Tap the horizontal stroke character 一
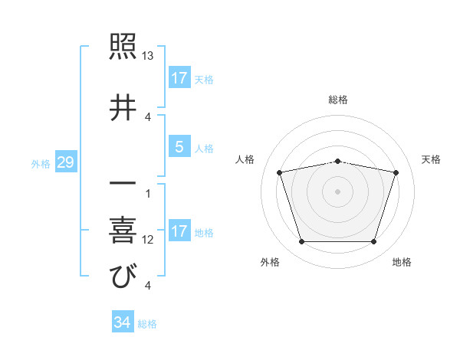tap(123, 185)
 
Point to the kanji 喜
tap(123, 231)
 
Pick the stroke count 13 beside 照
tap(148, 57)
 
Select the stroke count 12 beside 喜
tap(148, 240)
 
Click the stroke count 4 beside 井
tap(147, 117)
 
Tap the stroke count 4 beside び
tap(147, 285)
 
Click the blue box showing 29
tap(65, 162)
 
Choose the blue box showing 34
tap(122, 322)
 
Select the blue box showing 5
tap(179, 147)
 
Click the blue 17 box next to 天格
tap(179, 78)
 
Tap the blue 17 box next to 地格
tap(179, 231)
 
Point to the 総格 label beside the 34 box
tap(147, 323)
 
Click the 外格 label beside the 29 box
tap(41, 163)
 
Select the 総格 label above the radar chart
tap(338, 100)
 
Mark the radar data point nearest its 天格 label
tap(396, 172)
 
